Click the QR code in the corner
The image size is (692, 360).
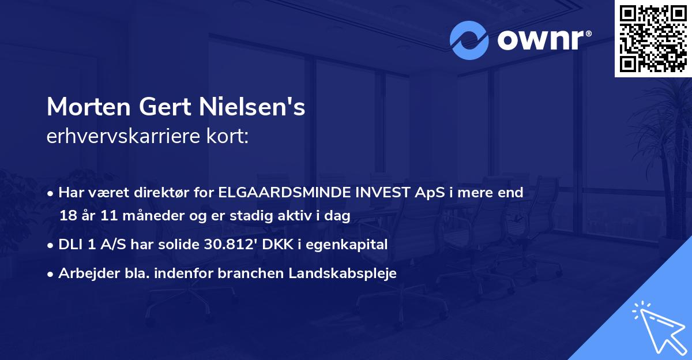[x=652, y=38]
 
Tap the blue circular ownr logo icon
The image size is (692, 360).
[x=469, y=40]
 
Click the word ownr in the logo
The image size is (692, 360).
[x=540, y=41]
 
